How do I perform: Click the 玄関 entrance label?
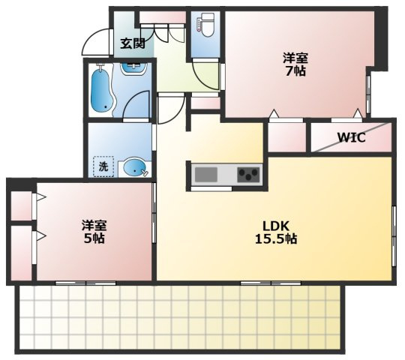[x=133, y=43]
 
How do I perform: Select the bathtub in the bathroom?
[x=102, y=89]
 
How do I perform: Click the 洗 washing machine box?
[x=103, y=166]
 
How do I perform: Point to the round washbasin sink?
[x=134, y=167]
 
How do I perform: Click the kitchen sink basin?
[x=205, y=175]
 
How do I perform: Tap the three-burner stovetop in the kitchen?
[x=248, y=174]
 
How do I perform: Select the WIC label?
[x=352, y=137]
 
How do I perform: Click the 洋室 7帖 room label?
[x=295, y=64]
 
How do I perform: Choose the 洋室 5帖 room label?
[x=94, y=232]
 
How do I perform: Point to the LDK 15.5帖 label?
[x=276, y=232]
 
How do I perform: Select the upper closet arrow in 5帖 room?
[x=40, y=197]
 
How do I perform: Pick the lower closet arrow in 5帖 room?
[x=40, y=235]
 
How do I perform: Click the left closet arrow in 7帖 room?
[x=273, y=114]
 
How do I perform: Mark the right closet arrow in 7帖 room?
[x=358, y=113]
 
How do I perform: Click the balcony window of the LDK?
[x=271, y=283]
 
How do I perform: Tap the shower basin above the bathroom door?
[x=133, y=67]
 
